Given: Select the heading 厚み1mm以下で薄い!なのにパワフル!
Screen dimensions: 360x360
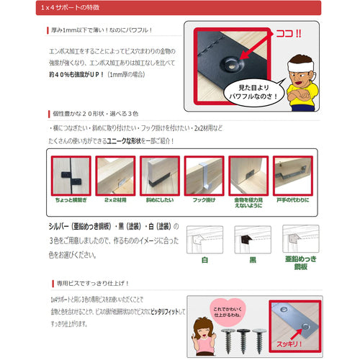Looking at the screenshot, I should pyautogui.click(x=104, y=31).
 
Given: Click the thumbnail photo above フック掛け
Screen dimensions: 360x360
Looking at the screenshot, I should pyautogui.click(x=204, y=177).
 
